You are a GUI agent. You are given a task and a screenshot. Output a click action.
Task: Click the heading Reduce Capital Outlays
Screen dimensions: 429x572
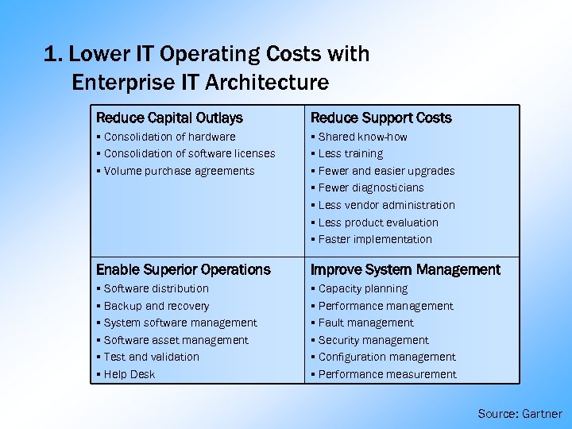[169, 118]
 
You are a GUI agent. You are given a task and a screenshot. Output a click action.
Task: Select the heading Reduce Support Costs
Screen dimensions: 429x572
[381, 118]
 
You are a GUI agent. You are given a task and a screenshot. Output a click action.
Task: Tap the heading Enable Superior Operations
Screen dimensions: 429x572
[184, 269]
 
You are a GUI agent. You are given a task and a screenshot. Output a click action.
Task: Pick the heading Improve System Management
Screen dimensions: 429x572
[405, 269]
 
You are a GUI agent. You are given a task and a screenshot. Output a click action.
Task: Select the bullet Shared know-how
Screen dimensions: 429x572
[362, 137]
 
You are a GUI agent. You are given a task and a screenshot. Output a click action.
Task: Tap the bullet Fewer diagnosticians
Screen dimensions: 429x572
[370, 187]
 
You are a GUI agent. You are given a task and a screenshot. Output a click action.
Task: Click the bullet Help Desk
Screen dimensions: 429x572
[129, 374]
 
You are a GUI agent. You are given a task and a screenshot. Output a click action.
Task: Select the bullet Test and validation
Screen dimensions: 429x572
[151, 357]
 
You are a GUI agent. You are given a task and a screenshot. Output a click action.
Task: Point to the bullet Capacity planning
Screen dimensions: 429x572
[362, 288]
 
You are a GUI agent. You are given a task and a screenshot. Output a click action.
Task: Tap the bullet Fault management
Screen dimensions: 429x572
[365, 323]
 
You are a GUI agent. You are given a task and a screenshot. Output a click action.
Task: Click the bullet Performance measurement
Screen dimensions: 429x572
[387, 374]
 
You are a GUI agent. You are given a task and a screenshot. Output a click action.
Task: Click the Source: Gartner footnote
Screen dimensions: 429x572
[520, 414]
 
